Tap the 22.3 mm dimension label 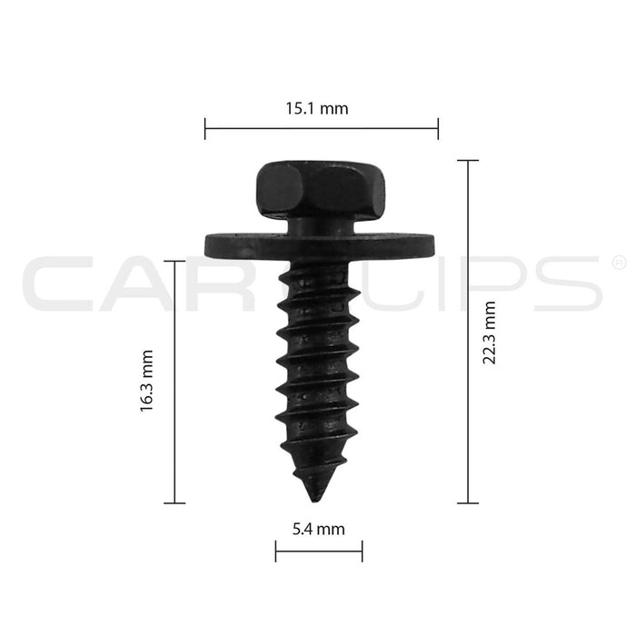(x=490, y=332)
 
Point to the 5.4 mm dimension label (x=319, y=528)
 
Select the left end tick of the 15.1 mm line (x=205, y=129)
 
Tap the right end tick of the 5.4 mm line (x=362, y=550)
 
